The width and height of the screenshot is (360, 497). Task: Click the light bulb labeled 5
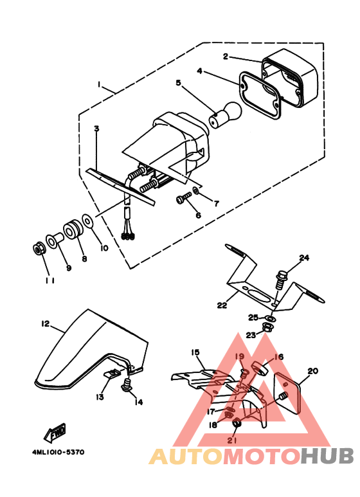click(x=225, y=114)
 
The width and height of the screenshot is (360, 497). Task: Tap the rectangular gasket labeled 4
click(x=259, y=95)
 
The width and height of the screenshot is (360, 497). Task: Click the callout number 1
click(x=99, y=85)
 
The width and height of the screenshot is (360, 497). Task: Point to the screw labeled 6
click(x=183, y=199)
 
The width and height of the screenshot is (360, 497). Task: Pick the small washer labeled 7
click(x=196, y=190)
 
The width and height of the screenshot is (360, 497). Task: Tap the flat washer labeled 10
click(x=87, y=221)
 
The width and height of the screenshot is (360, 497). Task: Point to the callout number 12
click(x=45, y=323)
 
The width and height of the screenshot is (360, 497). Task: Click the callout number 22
click(x=222, y=305)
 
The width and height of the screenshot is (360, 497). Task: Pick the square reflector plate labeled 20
click(x=287, y=393)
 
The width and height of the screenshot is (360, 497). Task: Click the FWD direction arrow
click(x=55, y=433)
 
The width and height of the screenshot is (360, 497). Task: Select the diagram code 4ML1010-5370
click(x=58, y=452)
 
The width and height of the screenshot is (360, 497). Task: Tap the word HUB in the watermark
click(x=327, y=456)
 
